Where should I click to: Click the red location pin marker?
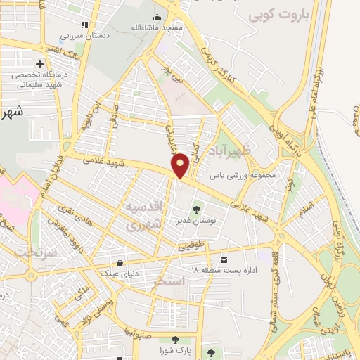click(180, 165)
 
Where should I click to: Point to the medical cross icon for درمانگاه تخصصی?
click(30, 65)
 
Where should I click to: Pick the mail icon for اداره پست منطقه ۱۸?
click(224, 258)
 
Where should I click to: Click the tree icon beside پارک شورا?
click(167, 340)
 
